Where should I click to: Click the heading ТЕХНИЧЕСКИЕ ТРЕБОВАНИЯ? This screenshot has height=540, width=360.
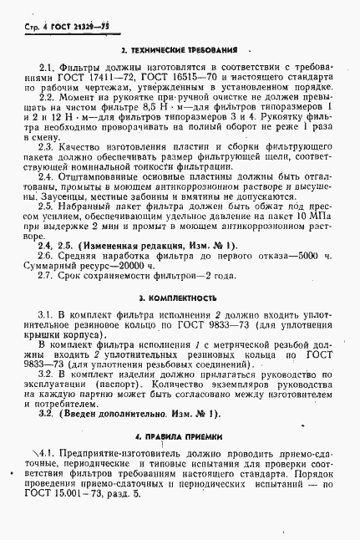(185, 50)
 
